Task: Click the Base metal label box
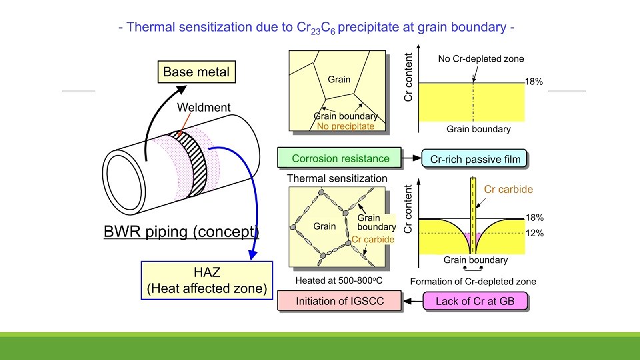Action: click(197, 72)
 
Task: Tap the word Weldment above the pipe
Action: click(204, 107)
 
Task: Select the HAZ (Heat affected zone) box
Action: click(207, 281)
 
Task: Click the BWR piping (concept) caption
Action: click(181, 232)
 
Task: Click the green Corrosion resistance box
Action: click(339, 158)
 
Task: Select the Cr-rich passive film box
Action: click(474, 159)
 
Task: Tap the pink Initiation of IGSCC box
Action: click(339, 301)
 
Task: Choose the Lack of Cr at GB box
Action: click(475, 301)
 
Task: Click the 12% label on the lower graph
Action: click(534, 233)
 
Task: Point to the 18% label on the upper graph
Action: click(534, 81)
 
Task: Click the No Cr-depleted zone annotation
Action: click(481, 59)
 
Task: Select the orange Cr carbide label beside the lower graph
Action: click(508, 189)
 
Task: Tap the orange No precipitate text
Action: click(345, 127)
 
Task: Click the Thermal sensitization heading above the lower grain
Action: click(337, 179)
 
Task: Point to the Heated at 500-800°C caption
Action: click(339, 281)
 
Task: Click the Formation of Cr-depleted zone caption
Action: click(473, 281)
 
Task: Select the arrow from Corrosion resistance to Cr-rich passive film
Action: click(411, 158)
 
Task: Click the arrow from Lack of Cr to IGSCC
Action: click(413, 301)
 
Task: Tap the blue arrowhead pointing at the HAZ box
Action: click(253, 255)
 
